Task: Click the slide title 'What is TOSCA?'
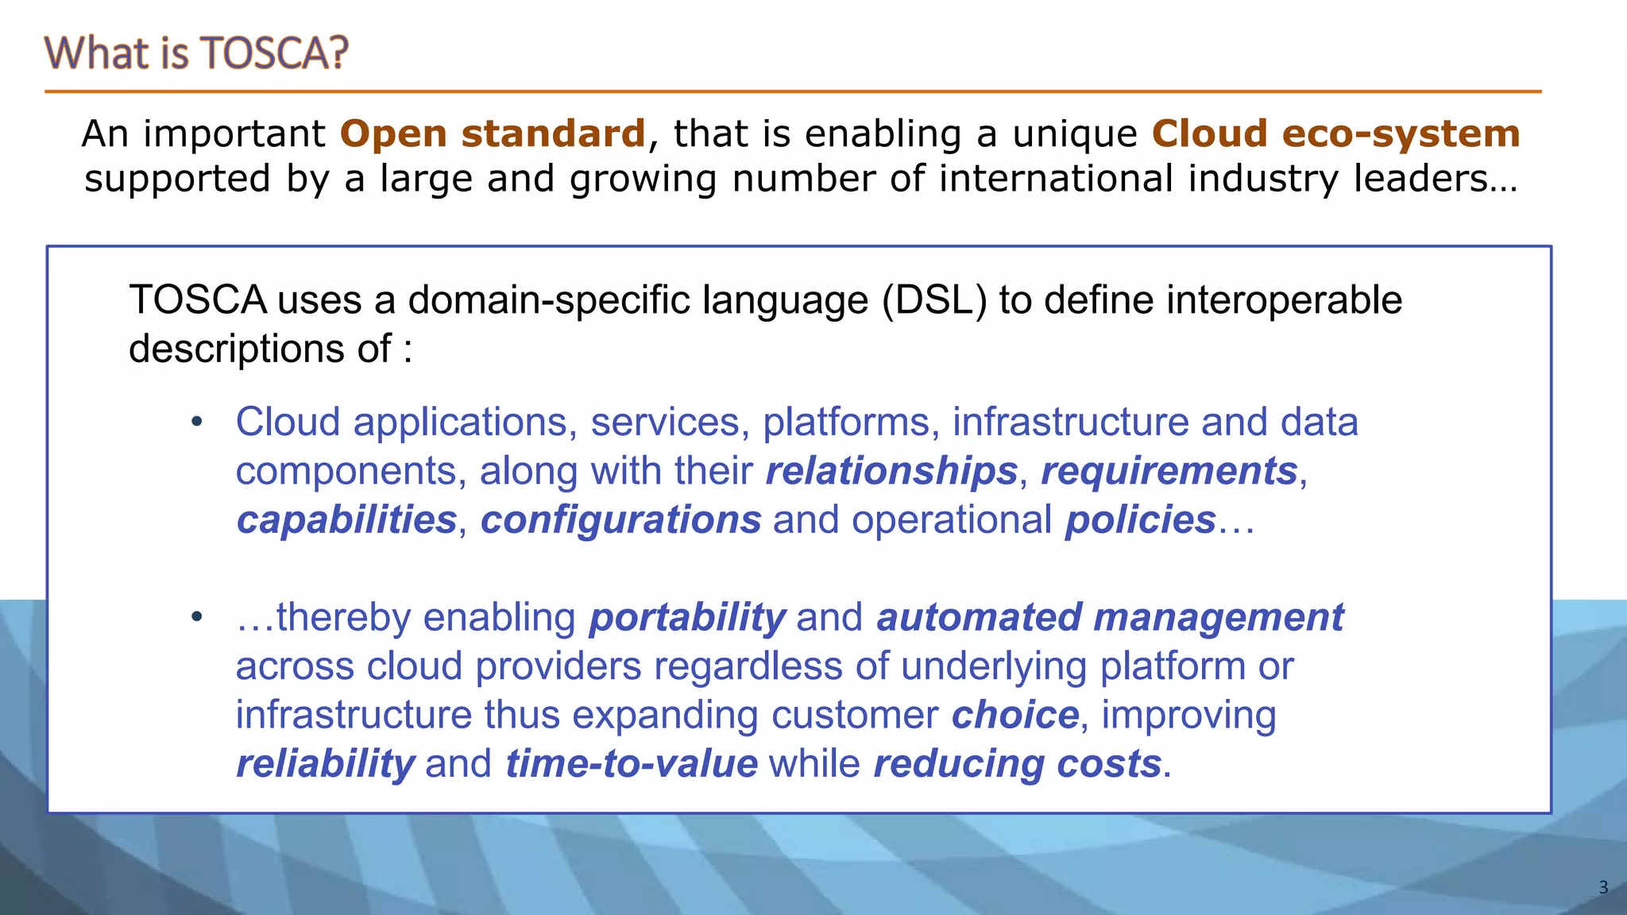click(196, 53)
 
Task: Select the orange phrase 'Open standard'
click(493, 133)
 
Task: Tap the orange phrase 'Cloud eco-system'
click(1335, 133)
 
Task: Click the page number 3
click(1602, 887)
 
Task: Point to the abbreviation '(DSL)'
click(934, 300)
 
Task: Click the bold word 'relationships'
click(891, 471)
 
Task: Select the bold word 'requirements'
click(1169, 471)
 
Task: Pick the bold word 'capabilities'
click(346, 520)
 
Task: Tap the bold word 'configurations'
click(621, 520)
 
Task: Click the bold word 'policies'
click(1141, 520)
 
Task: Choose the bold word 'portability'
click(687, 618)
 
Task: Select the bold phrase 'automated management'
click(1110, 618)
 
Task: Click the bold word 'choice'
click(1015, 715)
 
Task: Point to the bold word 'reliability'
click(325, 764)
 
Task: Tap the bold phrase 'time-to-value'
click(632, 764)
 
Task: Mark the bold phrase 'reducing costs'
click(1018, 764)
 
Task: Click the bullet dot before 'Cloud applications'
click(197, 422)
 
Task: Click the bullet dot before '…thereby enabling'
click(197, 617)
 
